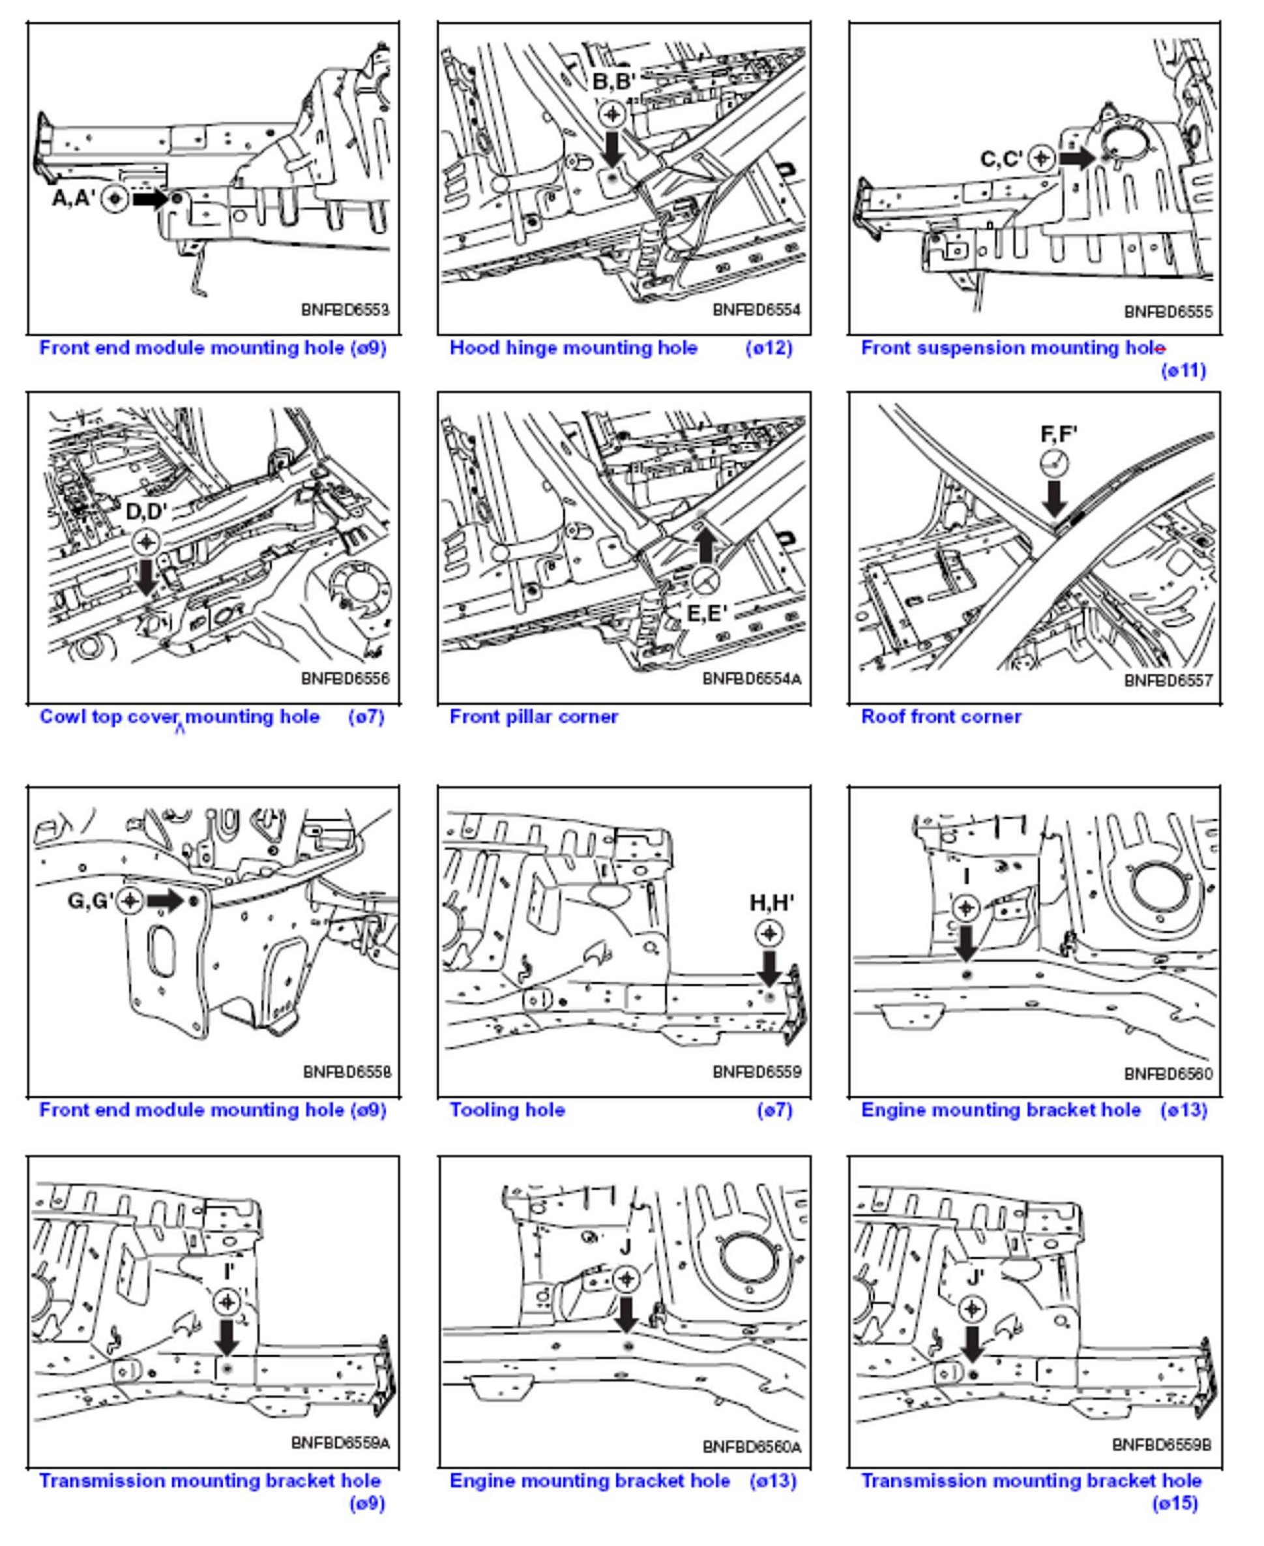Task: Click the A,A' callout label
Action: coord(74,198)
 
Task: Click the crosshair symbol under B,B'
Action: coord(612,113)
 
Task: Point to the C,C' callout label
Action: coord(1002,158)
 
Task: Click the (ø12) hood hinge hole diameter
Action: coord(769,348)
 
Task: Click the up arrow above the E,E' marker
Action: coord(705,543)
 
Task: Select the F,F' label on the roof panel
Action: coord(1059,435)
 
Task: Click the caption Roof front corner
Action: coord(941,717)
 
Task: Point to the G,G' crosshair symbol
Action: coord(130,901)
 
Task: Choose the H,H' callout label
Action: coord(772,903)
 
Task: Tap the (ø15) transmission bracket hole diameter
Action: coord(1175,1503)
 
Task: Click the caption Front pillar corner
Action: coord(534,717)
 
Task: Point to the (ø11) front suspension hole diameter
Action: coord(1183,370)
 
